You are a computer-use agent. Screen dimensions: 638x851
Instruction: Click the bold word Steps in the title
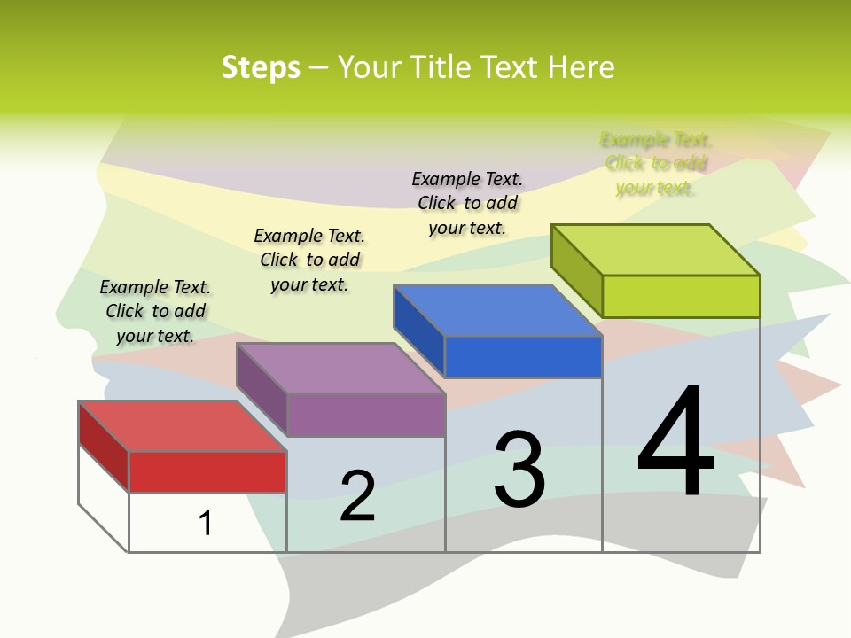point(261,67)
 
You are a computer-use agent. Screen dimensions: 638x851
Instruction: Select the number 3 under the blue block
point(519,469)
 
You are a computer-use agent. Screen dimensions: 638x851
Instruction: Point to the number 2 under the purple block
point(358,496)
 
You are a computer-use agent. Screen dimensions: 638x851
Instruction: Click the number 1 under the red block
point(206,523)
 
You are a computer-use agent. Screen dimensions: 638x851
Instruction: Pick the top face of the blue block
point(497,310)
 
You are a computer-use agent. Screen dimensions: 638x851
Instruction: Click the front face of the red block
point(207,471)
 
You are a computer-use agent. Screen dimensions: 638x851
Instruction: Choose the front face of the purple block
point(365,415)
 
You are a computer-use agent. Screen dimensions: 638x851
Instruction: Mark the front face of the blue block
point(523,356)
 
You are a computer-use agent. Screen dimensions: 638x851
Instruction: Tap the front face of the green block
point(681,296)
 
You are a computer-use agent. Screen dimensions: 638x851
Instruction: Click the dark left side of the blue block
point(418,330)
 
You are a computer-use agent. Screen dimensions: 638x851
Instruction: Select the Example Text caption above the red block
point(155,311)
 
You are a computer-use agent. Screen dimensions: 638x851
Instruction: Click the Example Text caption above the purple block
point(309,260)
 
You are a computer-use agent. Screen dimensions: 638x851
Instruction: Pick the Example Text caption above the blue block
point(467,203)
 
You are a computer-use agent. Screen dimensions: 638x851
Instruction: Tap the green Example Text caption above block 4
point(655,163)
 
